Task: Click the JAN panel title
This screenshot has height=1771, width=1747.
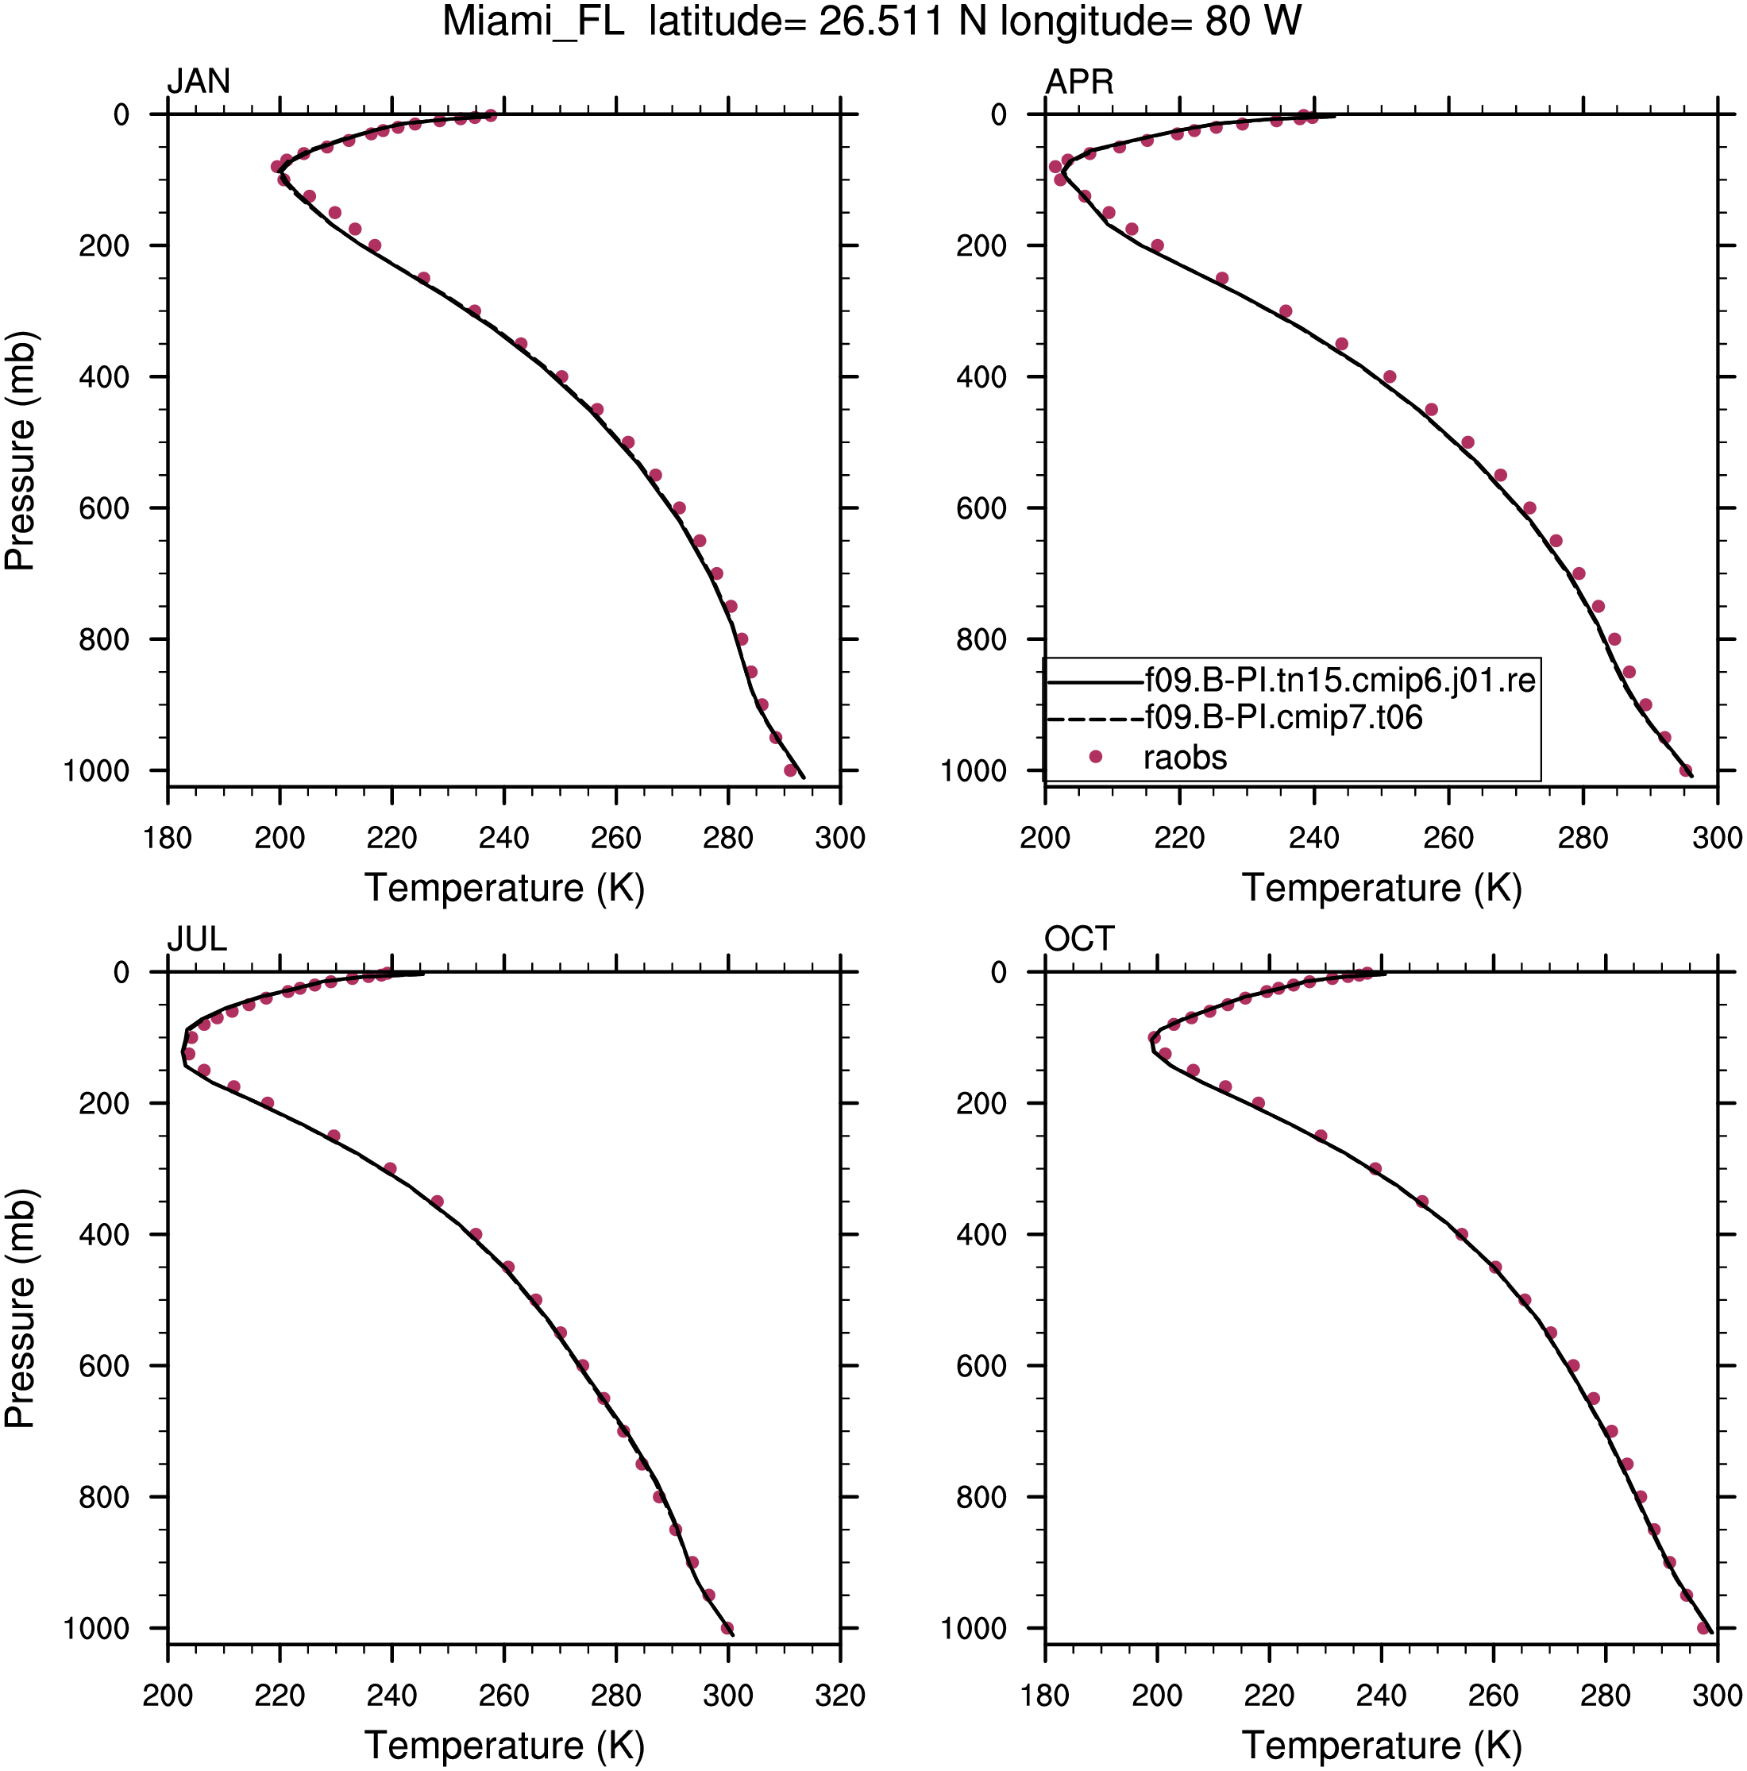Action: tap(198, 83)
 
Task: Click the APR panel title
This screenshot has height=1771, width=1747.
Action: tap(1079, 83)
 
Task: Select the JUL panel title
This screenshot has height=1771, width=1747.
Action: tap(196, 939)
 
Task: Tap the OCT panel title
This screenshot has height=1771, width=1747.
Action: tap(1079, 939)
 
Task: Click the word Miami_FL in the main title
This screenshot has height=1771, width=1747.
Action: tap(534, 22)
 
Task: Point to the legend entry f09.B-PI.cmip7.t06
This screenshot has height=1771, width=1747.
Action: tap(1283, 718)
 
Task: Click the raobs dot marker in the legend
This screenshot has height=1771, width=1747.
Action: tap(1094, 756)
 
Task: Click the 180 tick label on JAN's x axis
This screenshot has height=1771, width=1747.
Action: tap(168, 838)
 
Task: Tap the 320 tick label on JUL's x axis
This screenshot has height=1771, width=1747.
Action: tap(840, 1695)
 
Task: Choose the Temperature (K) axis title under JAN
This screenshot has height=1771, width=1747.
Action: tap(505, 888)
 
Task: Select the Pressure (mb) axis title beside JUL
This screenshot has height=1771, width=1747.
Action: tap(20, 1308)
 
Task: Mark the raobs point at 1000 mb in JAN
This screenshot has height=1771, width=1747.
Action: tap(791, 770)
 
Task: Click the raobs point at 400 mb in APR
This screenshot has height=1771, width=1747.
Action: tap(1390, 376)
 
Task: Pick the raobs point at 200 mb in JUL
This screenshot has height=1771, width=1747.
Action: tap(268, 1103)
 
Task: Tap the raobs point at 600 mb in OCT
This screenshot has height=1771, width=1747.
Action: tap(1574, 1365)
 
